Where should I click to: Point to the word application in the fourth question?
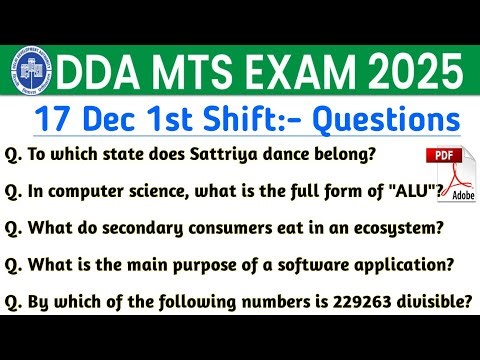tap(398, 267)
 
